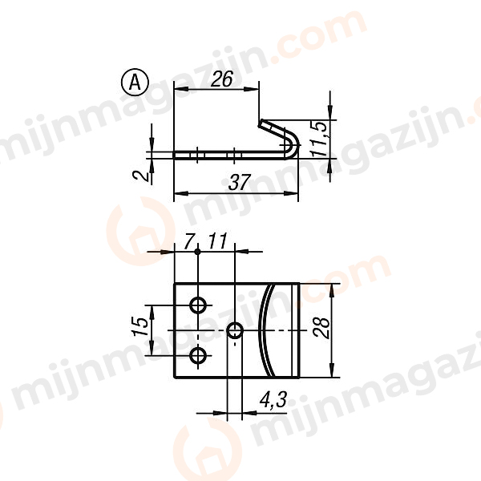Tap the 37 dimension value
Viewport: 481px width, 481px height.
coord(237,182)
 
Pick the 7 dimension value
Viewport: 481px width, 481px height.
coord(189,240)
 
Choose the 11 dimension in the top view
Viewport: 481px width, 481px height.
coord(217,240)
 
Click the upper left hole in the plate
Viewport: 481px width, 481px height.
coord(198,305)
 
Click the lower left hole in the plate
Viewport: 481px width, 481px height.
coord(198,354)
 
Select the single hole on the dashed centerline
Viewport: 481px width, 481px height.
coord(236,329)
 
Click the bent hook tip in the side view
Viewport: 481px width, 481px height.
coord(262,123)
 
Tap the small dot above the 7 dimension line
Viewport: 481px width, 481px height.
coord(197,252)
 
